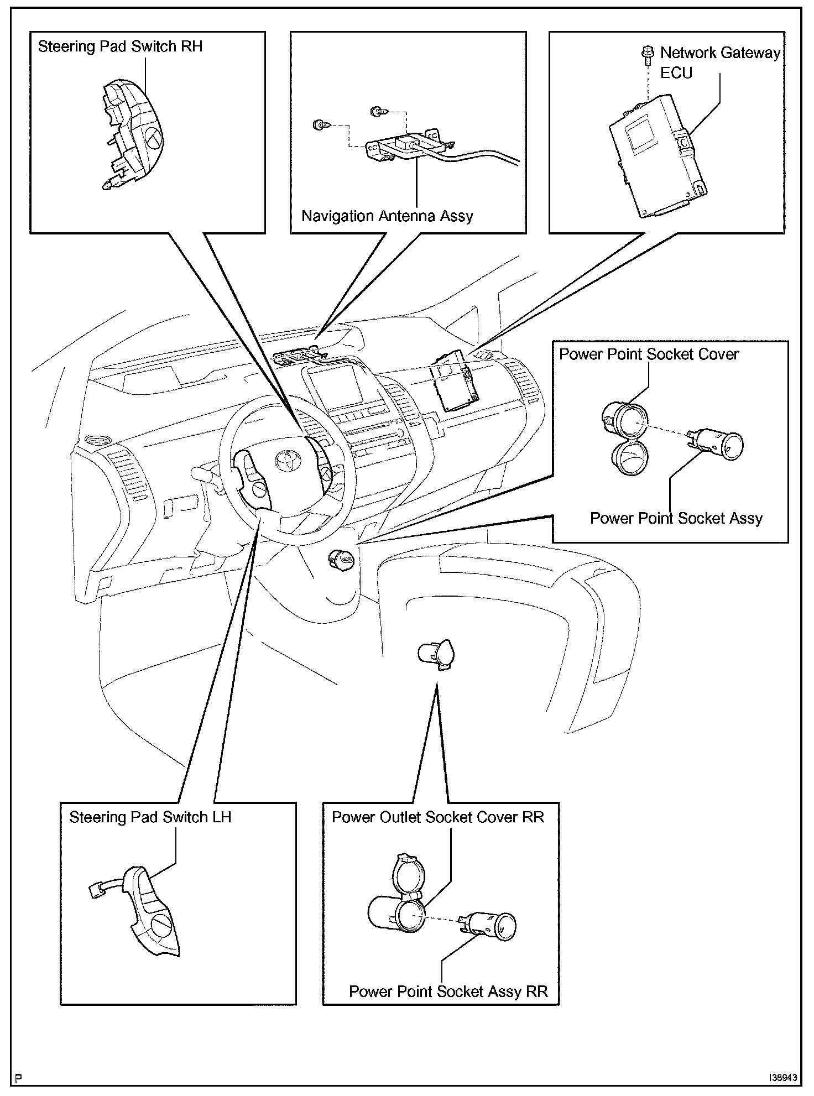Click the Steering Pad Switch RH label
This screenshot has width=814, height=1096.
click(120, 46)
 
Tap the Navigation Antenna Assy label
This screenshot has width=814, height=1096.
click(387, 216)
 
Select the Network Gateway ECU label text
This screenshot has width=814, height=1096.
click(720, 62)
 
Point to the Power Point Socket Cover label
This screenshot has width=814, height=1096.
click(649, 354)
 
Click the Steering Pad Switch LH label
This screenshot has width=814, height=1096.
click(150, 817)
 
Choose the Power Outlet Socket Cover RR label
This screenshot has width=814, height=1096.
click(438, 817)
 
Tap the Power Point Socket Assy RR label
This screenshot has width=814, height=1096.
click(448, 991)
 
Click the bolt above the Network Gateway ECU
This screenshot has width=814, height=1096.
click(644, 54)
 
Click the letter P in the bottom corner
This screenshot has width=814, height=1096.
click(19, 1079)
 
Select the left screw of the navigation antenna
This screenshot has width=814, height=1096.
click(320, 125)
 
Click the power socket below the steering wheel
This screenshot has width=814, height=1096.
click(341, 560)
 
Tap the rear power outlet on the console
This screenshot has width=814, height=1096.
click(436, 654)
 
